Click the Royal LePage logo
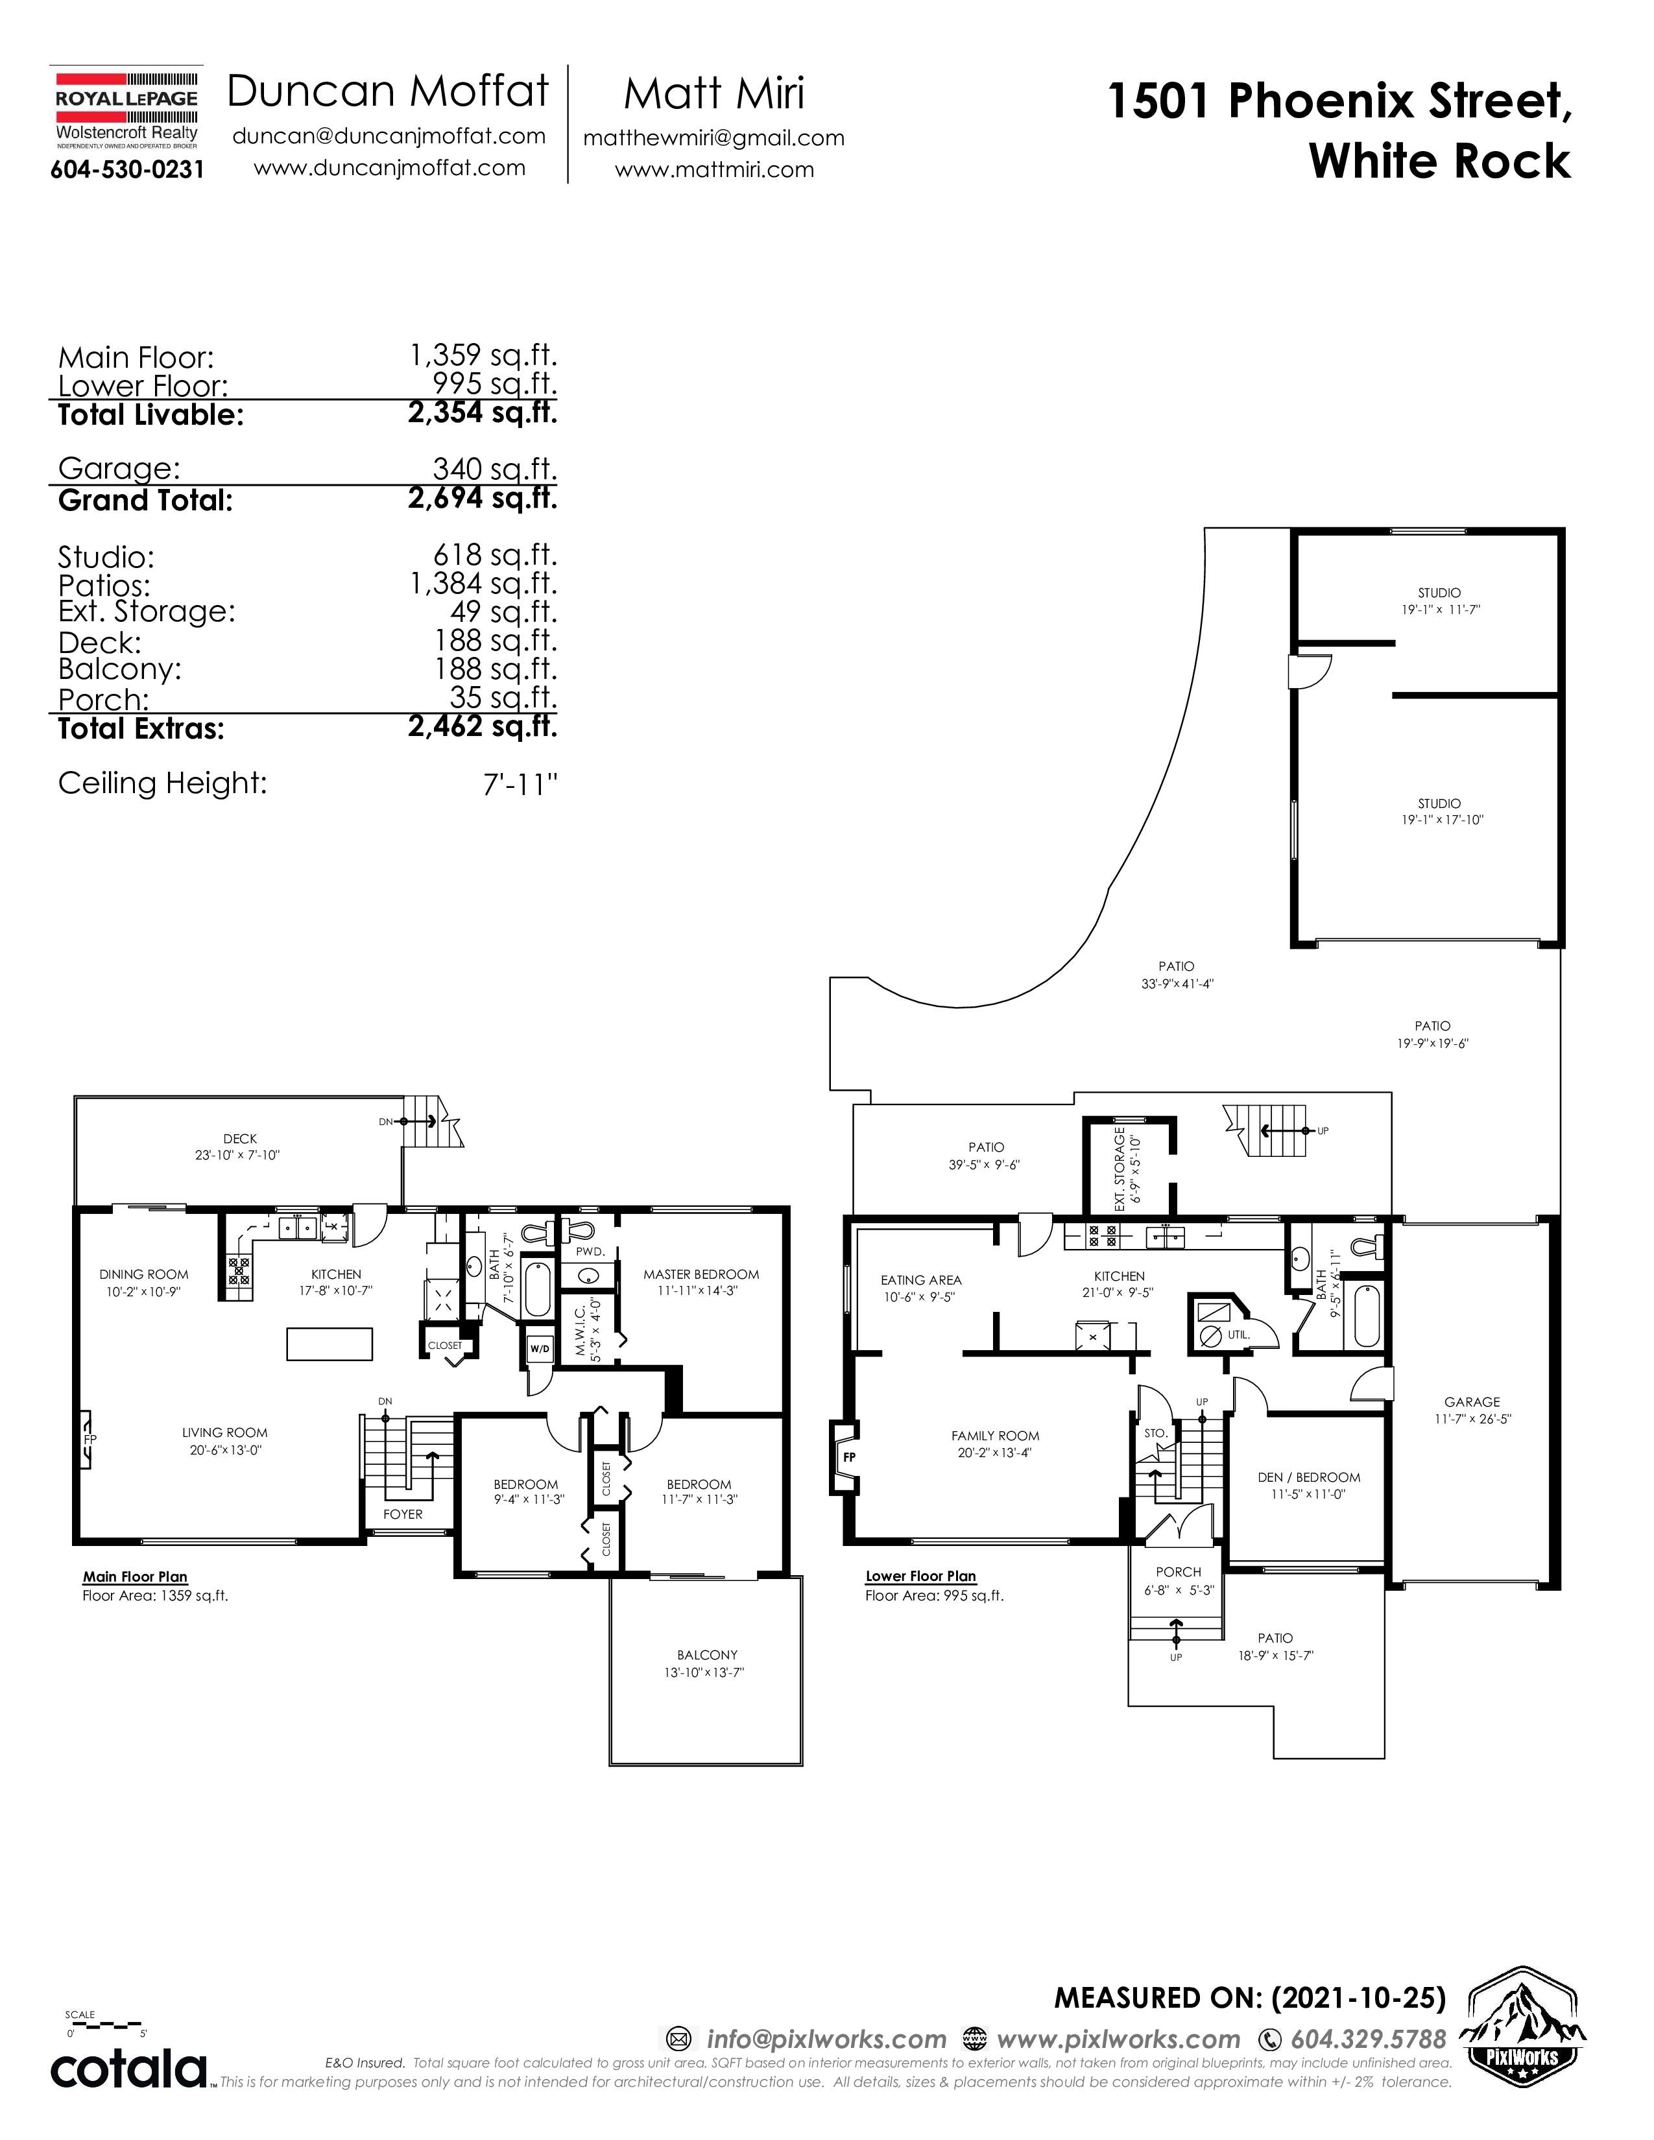tap(126, 112)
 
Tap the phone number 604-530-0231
tap(127, 169)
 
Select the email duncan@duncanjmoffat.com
tap(389, 136)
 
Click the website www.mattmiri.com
tap(714, 169)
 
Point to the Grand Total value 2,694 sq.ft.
tap(482, 499)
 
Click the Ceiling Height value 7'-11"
tap(520, 785)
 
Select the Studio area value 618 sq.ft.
tap(495, 556)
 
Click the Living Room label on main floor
tap(224, 1433)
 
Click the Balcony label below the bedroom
tap(706, 1655)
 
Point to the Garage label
tap(1472, 1402)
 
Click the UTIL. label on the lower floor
tap(1238, 1335)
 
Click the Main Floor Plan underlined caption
tap(135, 1576)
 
